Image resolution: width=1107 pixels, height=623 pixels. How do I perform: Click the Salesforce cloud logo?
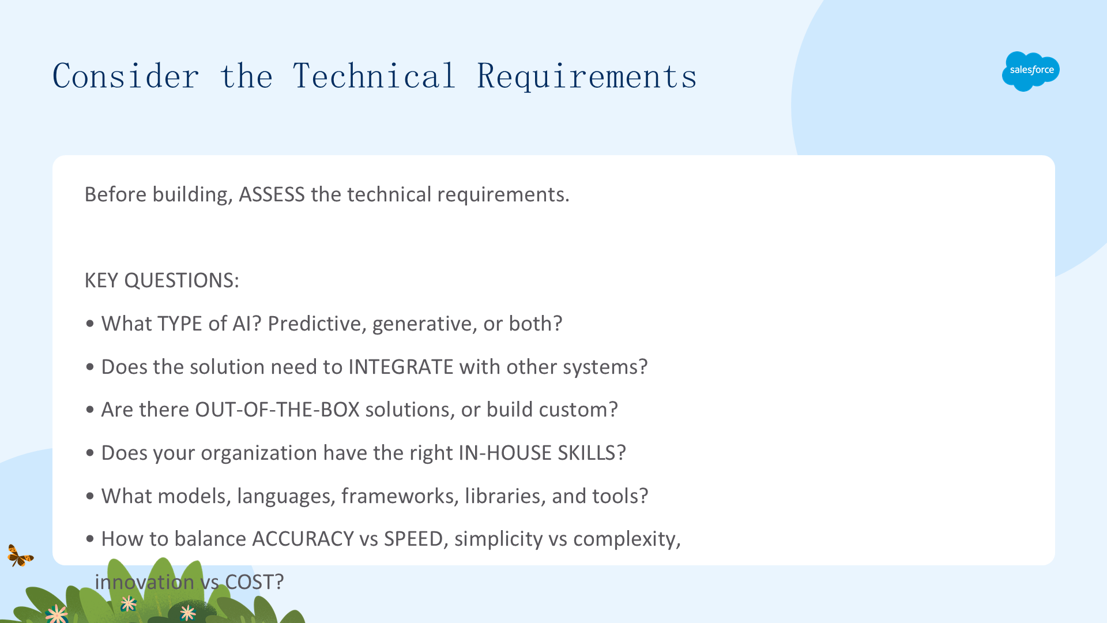tap(1031, 71)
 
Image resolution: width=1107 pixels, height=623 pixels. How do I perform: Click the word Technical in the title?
tap(374, 76)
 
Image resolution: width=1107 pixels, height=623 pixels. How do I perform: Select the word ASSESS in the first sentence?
tap(272, 194)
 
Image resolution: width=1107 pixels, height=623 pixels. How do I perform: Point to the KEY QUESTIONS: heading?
tap(161, 280)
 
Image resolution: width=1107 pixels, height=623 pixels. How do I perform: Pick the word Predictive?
tap(318, 324)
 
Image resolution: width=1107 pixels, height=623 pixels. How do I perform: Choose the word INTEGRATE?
tap(401, 367)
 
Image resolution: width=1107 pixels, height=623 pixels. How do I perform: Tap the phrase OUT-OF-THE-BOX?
tap(277, 410)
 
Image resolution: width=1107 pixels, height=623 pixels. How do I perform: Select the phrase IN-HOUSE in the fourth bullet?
tap(505, 453)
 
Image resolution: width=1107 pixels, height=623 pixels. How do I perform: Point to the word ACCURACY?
tap(303, 539)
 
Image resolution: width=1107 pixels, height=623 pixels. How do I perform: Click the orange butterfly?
tap(20, 556)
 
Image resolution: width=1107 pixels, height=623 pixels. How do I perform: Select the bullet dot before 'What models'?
tap(89, 496)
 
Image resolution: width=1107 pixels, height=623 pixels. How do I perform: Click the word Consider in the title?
tap(126, 76)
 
